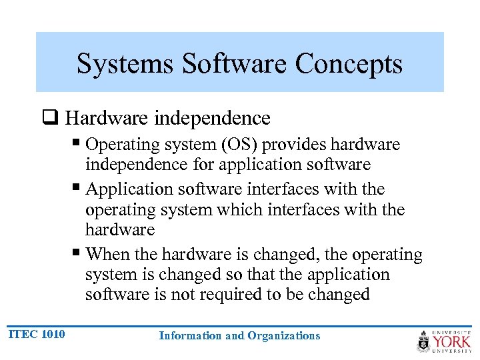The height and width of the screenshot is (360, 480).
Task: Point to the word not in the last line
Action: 185,295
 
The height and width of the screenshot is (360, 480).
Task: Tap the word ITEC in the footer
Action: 22,333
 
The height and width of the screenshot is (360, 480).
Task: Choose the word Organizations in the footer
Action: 283,336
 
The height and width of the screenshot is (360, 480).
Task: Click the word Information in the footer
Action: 191,336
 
